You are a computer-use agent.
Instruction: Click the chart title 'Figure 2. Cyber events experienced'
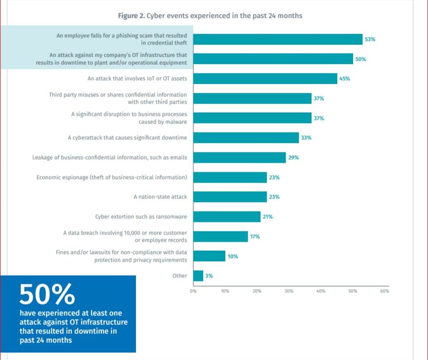click(x=210, y=16)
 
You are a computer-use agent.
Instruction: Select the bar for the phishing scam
click(x=278, y=39)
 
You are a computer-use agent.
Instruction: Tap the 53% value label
click(x=370, y=39)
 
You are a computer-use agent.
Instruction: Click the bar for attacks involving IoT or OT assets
click(x=265, y=78)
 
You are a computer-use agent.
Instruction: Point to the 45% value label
click(x=344, y=78)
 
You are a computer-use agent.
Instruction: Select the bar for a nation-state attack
click(x=230, y=197)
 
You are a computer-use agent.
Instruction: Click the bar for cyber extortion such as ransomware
click(x=227, y=217)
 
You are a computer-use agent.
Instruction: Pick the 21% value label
click(x=267, y=217)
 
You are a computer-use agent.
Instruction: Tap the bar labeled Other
click(x=198, y=276)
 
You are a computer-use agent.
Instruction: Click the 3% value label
click(x=209, y=276)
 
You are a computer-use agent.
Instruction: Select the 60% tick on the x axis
click(x=384, y=291)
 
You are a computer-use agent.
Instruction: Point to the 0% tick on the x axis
click(x=193, y=291)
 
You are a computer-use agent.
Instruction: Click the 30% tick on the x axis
click(x=289, y=291)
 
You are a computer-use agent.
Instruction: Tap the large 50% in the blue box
click(x=47, y=294)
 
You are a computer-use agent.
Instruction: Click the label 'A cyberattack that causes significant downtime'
click(x=127, y=138)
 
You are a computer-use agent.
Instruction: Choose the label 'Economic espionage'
click(x=111, y=177)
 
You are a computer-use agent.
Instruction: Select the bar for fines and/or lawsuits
click(x=209, y=256)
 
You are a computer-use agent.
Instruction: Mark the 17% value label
click(x=254, y=236)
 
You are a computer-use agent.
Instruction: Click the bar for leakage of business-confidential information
click(x=239, y=157)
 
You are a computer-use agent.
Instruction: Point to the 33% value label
click(x=306, y=138)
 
